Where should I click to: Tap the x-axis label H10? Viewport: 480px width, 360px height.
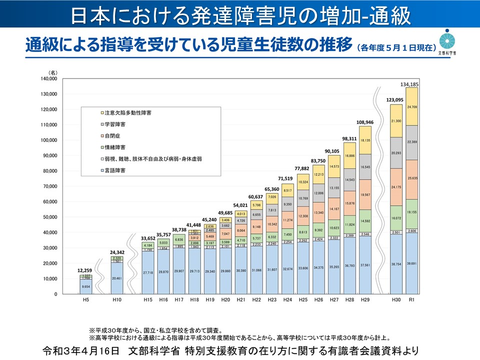pos(116,299)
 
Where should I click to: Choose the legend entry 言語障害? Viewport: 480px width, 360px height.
pos(114,170)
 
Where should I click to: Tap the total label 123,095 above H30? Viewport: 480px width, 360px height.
pos(396,100)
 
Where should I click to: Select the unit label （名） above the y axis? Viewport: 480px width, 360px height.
pos(53,73)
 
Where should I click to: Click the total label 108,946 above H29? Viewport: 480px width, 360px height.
pos(364,122)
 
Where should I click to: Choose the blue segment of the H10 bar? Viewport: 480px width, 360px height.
pos(116,278)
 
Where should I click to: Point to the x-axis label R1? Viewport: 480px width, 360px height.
pos(412,299)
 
